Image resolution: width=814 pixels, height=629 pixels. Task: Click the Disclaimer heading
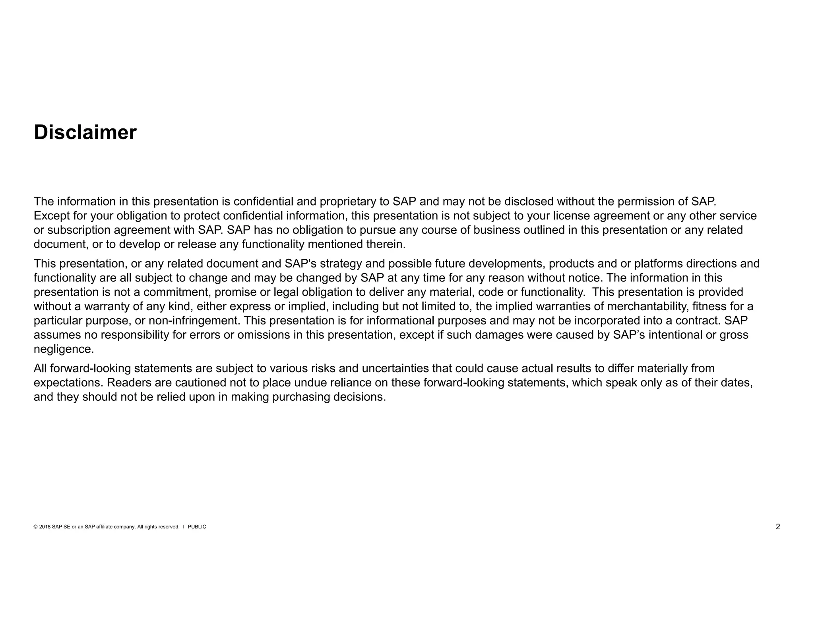click(x=85, y=132)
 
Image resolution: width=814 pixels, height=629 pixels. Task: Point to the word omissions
click(x=264, y=335)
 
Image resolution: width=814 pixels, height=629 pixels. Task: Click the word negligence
click(x=64, y=349)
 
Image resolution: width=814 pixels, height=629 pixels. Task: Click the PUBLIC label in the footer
click(x=197, y=527)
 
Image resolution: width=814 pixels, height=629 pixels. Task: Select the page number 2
click(x=778, y=527)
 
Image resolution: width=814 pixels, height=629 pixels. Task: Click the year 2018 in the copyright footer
click(x=45, y=527)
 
